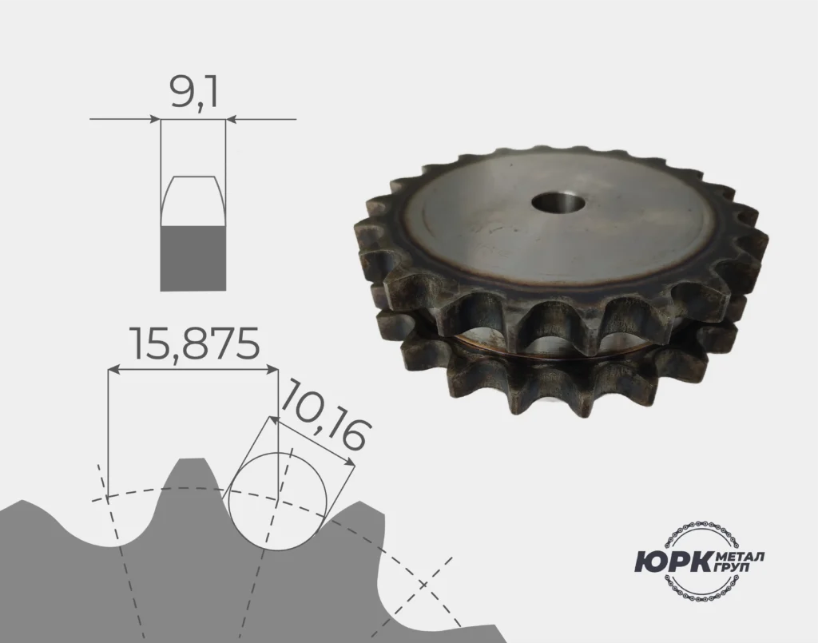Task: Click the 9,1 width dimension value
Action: click(193, 93)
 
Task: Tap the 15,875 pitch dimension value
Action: click(195, 344)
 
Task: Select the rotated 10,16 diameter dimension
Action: click(327, 415)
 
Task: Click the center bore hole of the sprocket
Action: click(557, 202)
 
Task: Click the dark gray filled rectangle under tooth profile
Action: click(193, 259)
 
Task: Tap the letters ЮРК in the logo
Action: click(673, 562)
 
